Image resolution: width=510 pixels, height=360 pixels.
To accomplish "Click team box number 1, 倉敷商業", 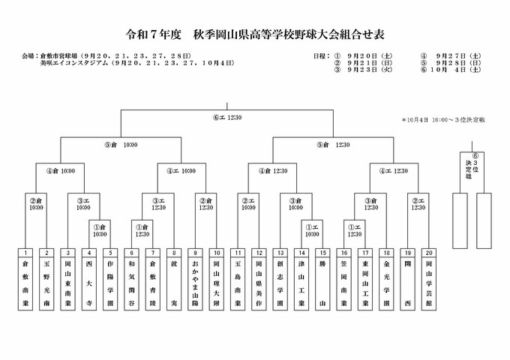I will pos(28,284).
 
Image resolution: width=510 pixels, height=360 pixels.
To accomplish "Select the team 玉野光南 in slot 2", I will pos(47,284).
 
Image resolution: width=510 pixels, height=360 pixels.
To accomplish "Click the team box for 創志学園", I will pos(280,284).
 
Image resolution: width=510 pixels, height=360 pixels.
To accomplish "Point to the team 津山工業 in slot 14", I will pos(301,284).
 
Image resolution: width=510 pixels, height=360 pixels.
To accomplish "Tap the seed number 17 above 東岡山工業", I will pos(364,253).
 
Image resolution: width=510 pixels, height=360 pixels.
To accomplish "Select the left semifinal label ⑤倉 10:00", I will pos(122,144).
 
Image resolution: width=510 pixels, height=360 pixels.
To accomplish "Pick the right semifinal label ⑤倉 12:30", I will pos(333,144).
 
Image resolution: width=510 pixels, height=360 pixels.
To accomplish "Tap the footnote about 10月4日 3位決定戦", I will pos(443,118).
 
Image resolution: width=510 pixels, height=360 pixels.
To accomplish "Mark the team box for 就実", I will pos(173,284).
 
